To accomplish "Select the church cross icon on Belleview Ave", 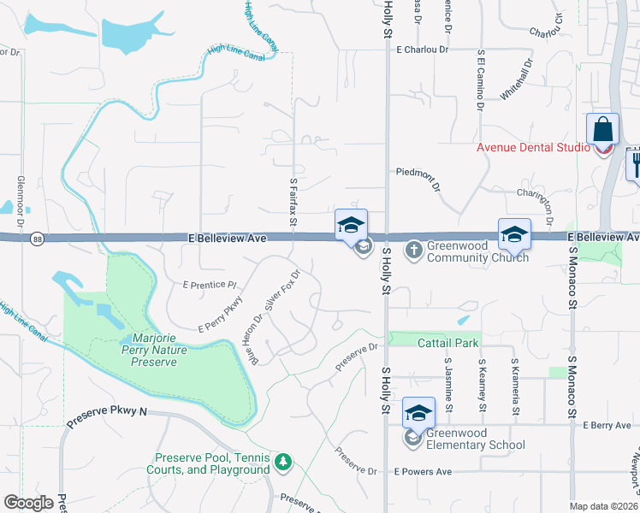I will coord(412,251).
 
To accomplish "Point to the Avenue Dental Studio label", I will coord(533,148).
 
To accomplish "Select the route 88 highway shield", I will coord(37,238).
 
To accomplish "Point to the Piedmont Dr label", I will coord(418,172).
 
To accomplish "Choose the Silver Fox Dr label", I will coord(282,291).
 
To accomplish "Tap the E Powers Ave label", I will coord(423,472).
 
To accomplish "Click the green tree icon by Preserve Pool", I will coord(283,463).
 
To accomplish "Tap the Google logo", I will coord(28,503).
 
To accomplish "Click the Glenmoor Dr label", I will coord(20,195).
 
